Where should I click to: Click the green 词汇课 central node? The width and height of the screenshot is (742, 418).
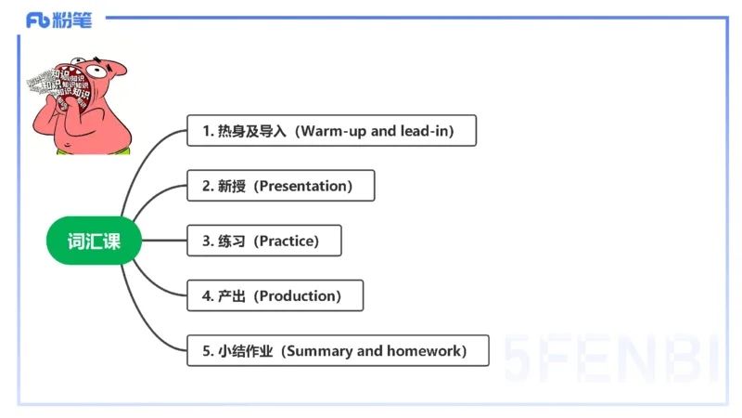point(94,242)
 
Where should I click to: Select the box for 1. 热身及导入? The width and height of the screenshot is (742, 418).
point(331,131)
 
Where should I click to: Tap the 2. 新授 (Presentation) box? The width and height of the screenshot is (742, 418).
point(280,186)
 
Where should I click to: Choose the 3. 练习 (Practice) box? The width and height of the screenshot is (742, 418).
point(263,241)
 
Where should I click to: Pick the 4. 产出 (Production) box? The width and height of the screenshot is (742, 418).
point(275,295)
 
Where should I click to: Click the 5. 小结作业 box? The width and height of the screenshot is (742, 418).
point(337,351)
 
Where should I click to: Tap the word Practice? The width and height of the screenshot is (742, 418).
point(288,241)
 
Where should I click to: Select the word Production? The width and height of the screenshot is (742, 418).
point(299,295)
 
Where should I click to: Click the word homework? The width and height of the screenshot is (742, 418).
point(422,351)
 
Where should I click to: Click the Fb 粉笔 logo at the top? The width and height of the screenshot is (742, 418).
point(58,20)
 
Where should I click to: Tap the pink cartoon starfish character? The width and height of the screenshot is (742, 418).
point(78,102)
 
